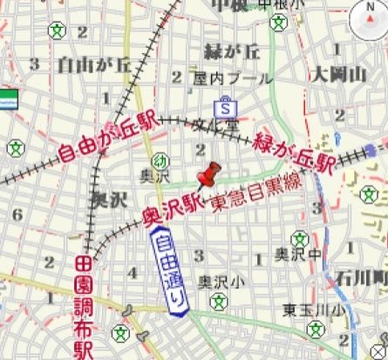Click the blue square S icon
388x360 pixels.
226,110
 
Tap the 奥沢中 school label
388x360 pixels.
296,254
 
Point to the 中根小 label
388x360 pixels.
288,5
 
